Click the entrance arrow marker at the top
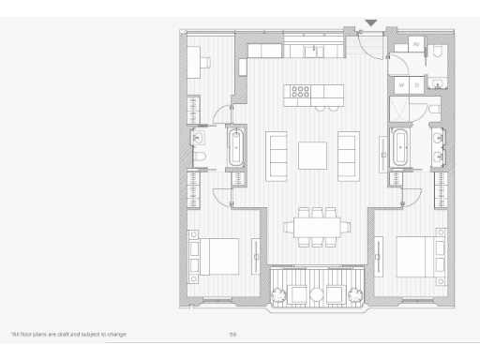click(x=371, y=22)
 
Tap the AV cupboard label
click(x=416, y=44)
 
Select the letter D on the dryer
click(x=416, y=85)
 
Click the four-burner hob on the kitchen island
click(x=301, y=92)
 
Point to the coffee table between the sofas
click(x=312, y=155)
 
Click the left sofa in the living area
click(x=278, y=155)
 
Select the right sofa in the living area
click(x=348, y=155)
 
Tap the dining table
click(x=313, y=227)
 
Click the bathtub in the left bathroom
click(x=234, y=148)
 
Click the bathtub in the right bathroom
click(x=400, y=148)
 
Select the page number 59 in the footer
click(x=232, y=334)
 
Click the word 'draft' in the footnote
click(x=65, y=334)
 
